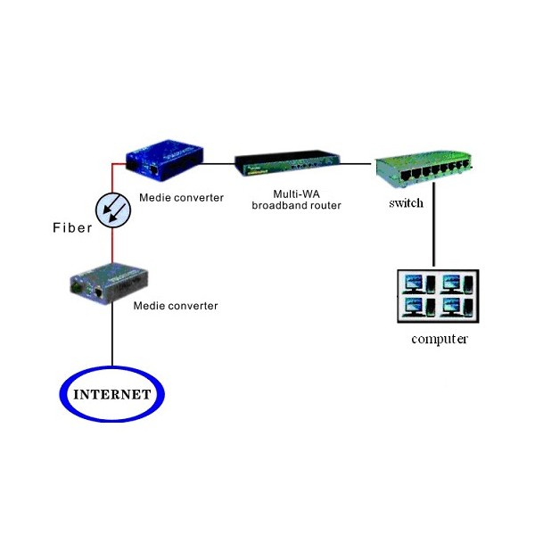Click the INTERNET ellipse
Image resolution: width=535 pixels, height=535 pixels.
click(112, 391)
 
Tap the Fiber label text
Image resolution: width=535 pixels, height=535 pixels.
click(71, 228)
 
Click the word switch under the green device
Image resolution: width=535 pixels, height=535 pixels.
click(406, 202)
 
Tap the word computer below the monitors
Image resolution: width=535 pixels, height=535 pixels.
click(440, 339)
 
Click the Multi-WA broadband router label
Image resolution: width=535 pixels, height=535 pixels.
click(297, 199)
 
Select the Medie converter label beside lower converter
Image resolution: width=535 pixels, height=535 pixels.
click(176, 306)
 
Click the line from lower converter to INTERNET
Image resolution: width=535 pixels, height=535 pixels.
click(112, 334)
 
